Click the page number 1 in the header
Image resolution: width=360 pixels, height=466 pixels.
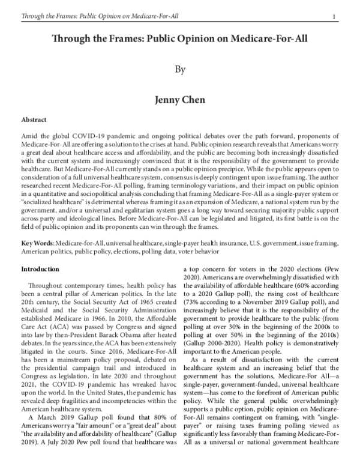point(340,8)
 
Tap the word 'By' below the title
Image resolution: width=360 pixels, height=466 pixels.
point(179,70)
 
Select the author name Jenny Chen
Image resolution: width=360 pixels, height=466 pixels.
point(179,98)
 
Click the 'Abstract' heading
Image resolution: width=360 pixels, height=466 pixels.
point(34,120)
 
